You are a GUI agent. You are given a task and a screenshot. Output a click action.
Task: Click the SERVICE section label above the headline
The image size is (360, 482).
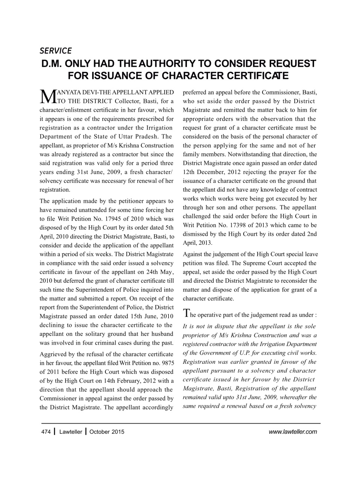coord(55,50)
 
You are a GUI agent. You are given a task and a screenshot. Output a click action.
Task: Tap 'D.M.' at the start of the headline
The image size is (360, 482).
coord(53,63)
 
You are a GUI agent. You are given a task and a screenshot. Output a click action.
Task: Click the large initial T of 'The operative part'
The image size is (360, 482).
coord(186,313)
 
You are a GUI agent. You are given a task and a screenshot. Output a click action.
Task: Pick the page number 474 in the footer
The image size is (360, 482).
coord(46,432)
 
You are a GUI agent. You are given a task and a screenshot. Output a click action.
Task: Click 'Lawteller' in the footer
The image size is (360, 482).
coord(71,432)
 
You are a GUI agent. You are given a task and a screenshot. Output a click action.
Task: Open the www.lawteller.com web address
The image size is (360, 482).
coord(293,432)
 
